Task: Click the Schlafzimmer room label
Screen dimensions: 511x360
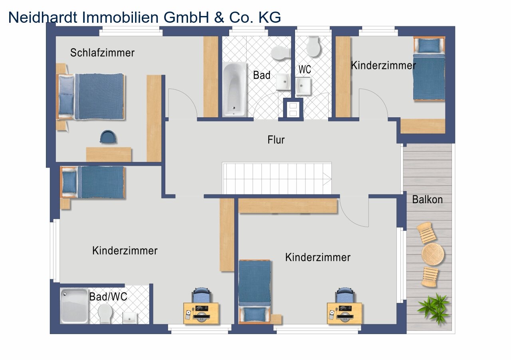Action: [102, 53]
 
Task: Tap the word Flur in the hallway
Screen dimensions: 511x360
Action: [276, 140]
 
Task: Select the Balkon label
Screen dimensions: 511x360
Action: [427, 200]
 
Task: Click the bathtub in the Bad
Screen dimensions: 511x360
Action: [234, 89]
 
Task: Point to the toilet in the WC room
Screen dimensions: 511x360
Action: [313, 47]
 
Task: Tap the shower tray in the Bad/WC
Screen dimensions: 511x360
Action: [74, 306]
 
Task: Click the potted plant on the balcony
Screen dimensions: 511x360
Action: [434, 308]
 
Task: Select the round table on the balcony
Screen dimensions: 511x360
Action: [433, 254]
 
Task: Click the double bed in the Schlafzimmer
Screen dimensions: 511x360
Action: [91, 96]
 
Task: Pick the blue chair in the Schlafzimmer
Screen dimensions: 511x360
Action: [108, 136]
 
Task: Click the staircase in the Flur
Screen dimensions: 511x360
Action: [277, 178]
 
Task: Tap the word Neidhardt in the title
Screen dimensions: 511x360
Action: [43, 17]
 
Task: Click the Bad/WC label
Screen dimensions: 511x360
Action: [108, 297]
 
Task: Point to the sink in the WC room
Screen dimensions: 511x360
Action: [303, 86]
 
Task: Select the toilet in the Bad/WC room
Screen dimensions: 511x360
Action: [105, 313]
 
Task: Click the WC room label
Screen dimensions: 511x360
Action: [305, 69]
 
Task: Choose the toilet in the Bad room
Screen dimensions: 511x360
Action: [280, 53]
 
